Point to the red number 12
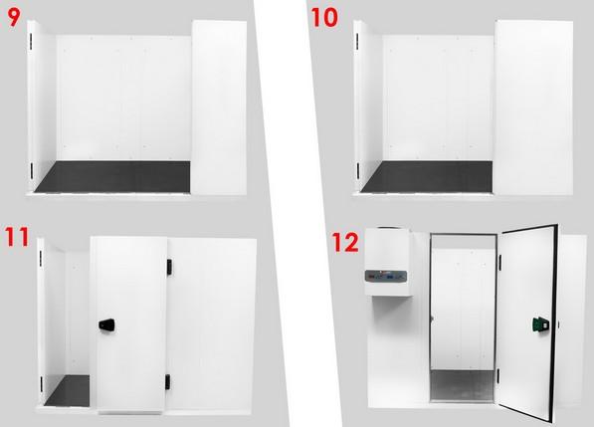coord(345,241)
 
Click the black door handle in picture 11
coord(106,324)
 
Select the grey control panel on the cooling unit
coord(385,276)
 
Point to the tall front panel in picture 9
coord(220,109)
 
